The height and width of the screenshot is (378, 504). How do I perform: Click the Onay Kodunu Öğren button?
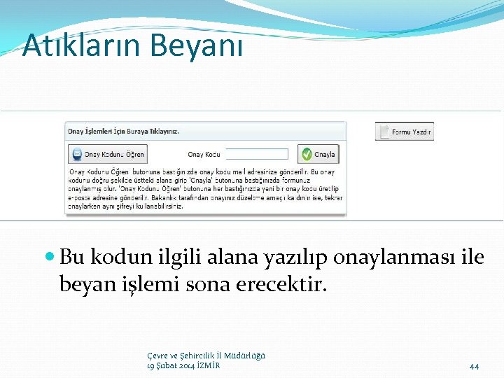coord(107,154)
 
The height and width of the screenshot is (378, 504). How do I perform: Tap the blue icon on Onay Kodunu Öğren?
coord(76,154)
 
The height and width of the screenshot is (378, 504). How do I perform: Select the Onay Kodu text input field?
coord(256,154)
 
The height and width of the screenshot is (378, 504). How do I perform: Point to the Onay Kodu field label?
coord(204,155)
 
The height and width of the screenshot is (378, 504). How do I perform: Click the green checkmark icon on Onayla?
coord(306,154)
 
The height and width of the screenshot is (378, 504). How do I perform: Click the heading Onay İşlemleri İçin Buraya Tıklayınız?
coord(123,131)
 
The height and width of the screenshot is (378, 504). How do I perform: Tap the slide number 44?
coord(474,366)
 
